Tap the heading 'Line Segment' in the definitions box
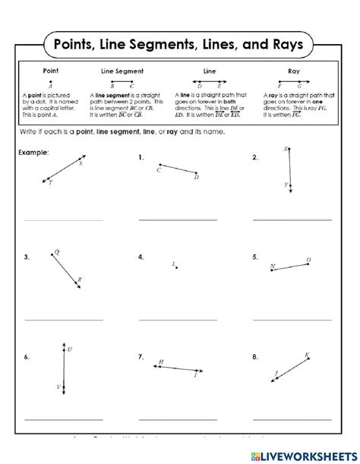pyautogui.click(x=122, y=70)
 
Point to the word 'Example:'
pyautogui.click(x=33, y=153)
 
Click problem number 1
pyautogui.click(x=141, y=158)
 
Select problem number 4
pyautogui.click(x=141, y=257)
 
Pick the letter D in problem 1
pyautogui.click(x=196, y=177)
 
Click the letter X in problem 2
pyautogui.click(x=285, y=150)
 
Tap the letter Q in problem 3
pyautogui.click(x=57, y=251)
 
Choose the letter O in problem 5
pyautogui.click(x=308, y=260)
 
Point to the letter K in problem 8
pyautogui.click(x=307, y=355)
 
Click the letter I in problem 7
pyautogui.click(x=195, y=375)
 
